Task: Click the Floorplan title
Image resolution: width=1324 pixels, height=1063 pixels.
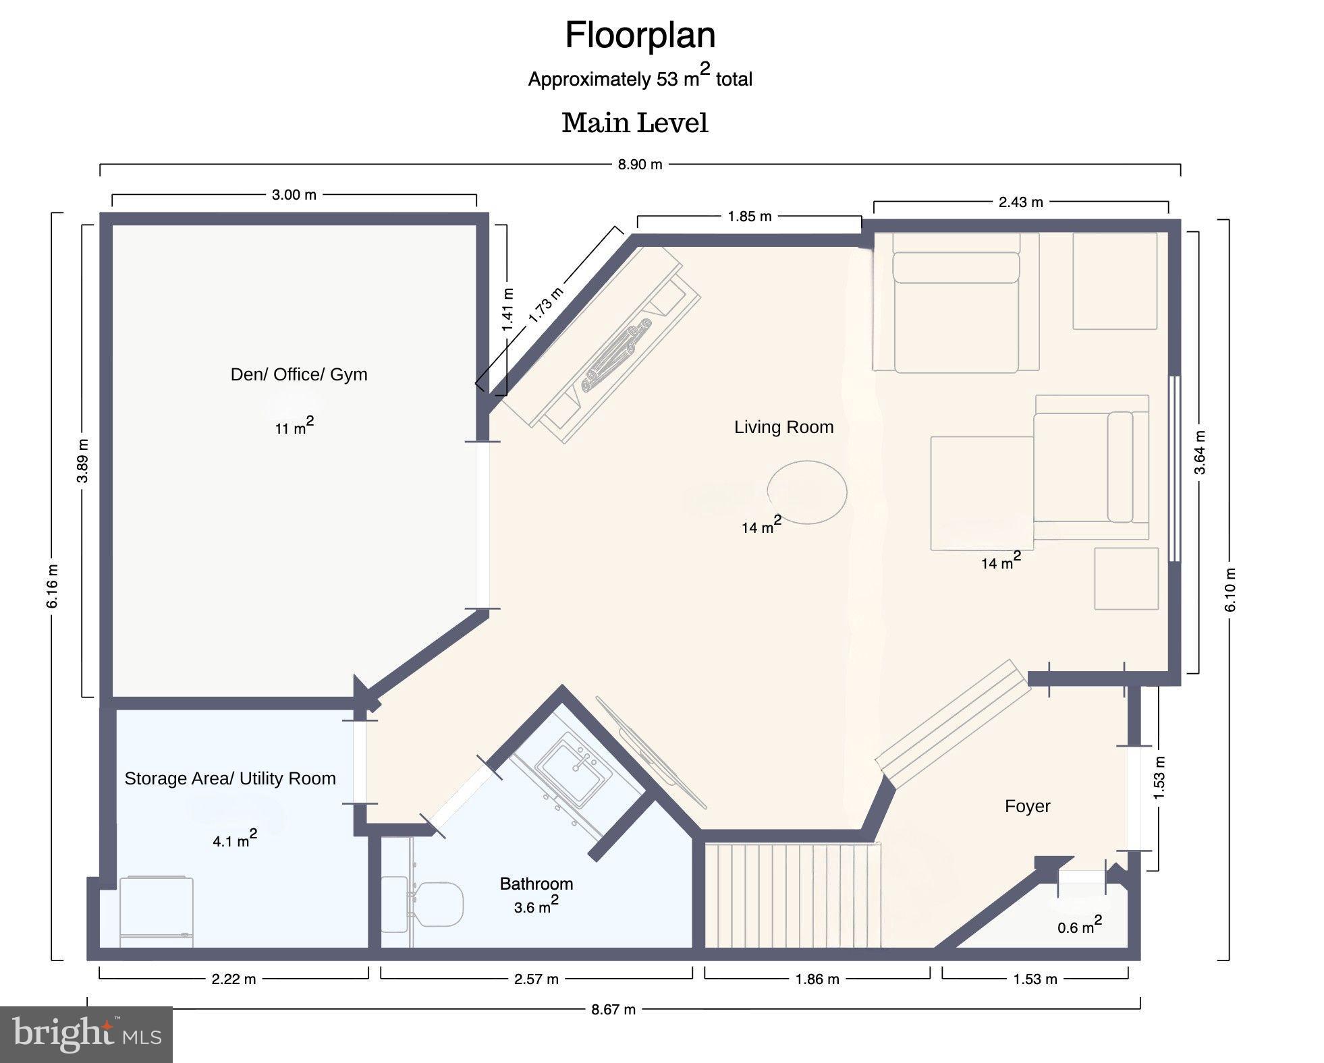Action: click(x=640, y=35)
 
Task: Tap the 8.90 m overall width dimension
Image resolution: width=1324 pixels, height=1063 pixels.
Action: click(x=640, y=165)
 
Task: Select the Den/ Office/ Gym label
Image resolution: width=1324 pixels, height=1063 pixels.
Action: click(x=299, y=374)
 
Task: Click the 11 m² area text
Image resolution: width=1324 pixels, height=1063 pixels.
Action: click(x=294, y=427)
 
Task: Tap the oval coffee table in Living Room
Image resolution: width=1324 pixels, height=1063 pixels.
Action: click(x=807, y=492)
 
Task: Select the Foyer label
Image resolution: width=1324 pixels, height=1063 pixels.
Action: click(x=1027, y=806)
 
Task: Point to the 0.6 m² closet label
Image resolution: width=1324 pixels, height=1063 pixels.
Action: click(x=1079, y=925)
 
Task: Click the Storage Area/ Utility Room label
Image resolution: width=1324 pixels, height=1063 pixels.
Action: click(x=230, y=778)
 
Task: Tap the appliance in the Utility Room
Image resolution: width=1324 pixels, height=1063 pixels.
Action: click(x=157, y=911)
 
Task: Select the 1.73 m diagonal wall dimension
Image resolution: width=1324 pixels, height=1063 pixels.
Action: click(x=545, y=305)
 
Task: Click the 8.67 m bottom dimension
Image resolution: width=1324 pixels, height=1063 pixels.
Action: click(x=613, y=1010)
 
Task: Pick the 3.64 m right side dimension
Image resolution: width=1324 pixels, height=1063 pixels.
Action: click(x=1200, y=452)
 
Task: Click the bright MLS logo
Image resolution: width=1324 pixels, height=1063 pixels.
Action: click(x=86, y=1034)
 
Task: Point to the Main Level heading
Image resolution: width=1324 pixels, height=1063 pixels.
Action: click(x=634, y=123)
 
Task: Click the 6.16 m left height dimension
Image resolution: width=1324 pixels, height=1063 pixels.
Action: click(x=53, y=585)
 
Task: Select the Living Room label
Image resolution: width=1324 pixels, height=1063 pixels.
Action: click(x=783, y=427)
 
